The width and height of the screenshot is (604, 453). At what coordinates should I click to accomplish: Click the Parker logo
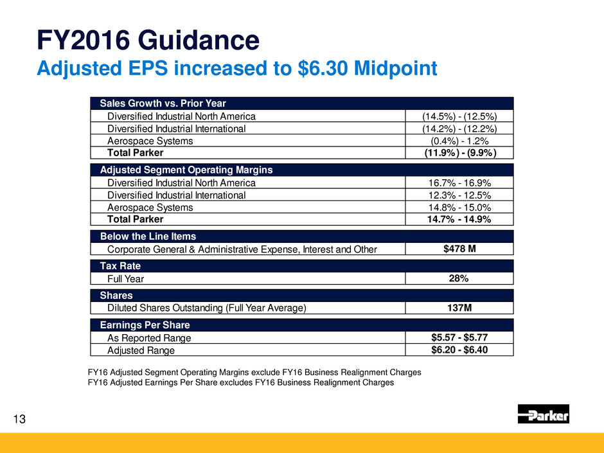tap(543, 414)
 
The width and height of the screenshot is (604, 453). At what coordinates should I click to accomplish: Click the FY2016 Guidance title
tap(148, 41)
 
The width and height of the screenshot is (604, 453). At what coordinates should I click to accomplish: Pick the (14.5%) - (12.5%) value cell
tap(459, 116)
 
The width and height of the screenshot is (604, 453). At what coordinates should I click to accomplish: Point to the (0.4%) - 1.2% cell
tap(459, 141)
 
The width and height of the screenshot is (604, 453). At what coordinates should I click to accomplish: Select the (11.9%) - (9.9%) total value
tap(459, 153)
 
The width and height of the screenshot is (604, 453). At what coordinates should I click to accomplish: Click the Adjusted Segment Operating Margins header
tap(186, 170)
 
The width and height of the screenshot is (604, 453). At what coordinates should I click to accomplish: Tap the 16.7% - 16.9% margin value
tap(459, 182)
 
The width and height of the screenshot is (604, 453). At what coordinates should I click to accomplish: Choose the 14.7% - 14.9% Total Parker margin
tap(459, 219)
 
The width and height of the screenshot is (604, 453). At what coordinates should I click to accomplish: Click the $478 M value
tap(459, 248)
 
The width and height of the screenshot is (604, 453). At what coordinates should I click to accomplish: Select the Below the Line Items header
tap(148, 236)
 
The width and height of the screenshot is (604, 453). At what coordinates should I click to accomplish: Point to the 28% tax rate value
tap(459, 278)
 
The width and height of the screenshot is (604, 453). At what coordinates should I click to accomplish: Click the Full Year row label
tap(126, 279)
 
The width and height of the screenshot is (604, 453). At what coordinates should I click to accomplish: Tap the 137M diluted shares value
tap(459, 308)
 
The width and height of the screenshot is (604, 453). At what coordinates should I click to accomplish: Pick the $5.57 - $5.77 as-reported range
tap(459, 337)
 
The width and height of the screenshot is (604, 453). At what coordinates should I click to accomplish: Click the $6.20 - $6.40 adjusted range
tap(459, 350)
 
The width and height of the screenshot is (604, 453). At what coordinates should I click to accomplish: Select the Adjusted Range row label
tap(141, 350)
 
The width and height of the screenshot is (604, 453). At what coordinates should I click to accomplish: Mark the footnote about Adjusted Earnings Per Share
tap(240, 382)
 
